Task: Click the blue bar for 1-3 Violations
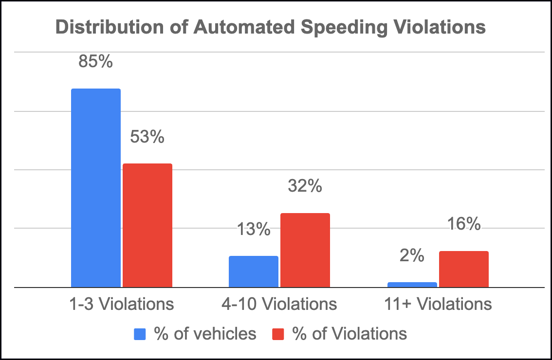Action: pyautogui.click(x=96, y=188)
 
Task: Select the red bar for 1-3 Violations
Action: pyautogui.click(x=147, y=225)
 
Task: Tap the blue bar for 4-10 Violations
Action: pyautogui.click(x=254, y=271)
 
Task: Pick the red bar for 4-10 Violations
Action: pyautogui.click(x=305, y=250)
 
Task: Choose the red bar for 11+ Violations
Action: pyautogui.click(x=463, y=269)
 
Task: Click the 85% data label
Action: pyautogui.click(x=96, y=62)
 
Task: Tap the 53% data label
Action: pyautogui.click(x=147, y=137)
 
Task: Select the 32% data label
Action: pyautogui.click(x=305, y=186)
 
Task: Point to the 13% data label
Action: pyautogui.click(x=254, y=229)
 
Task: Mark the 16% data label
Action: pyautogui.click(x=463, y=224)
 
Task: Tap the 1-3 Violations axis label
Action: pyautogui.click(x=122, y=304)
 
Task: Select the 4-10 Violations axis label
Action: pyautogui.click(x=279, y=304)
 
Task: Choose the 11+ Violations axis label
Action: pyautogui.click(x=438, y=304)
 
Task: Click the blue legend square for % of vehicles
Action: pyautogui.click(x=139, y=334)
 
